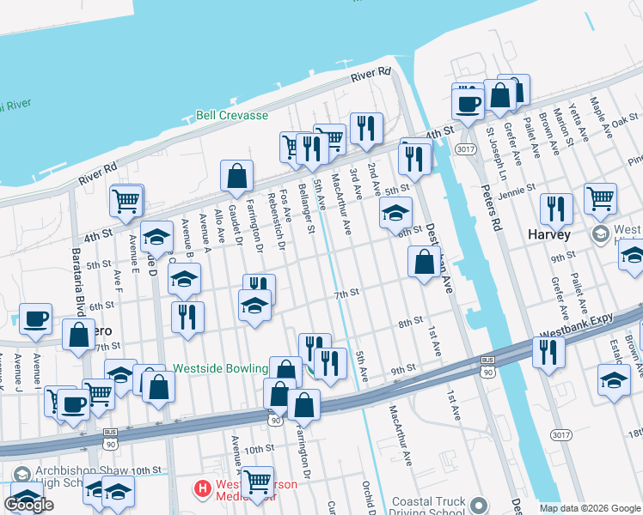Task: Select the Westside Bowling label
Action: pyautogui.click(x=220, y=368)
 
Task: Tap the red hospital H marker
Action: pyautogui.click(x=203, y=490)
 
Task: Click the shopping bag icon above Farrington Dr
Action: pyautogui.click(x=236, y=176)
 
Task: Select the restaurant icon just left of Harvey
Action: pyautogui.click(x=556, y=209)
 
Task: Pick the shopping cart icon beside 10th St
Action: pyautogui.click(x=256, y=482)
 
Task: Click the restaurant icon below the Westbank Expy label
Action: pyautogui.click(x=547, y=352)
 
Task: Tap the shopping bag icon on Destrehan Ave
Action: pyautogui.click(x=424, y=261)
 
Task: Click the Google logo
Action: pyautogui.click(x=28, y=505)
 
